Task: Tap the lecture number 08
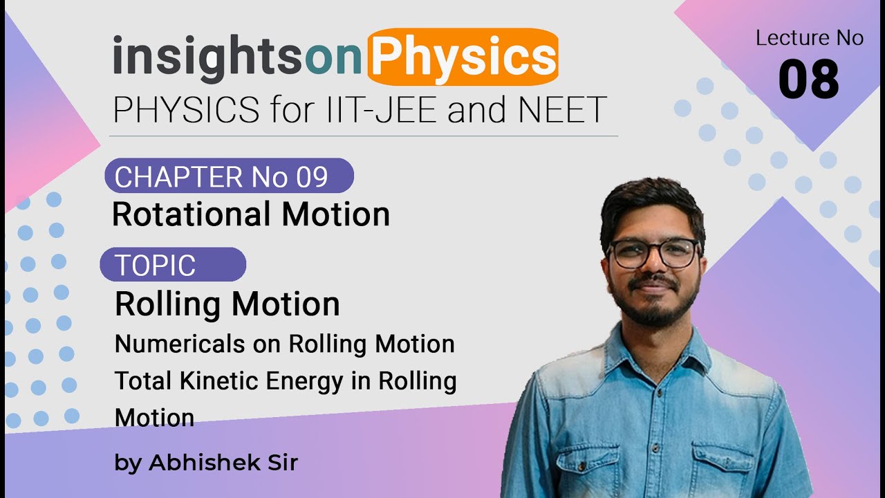[x=808, y=80]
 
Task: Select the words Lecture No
[x=809, y=38]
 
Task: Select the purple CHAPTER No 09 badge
[x=228, y=176]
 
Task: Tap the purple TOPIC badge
[x=173, y=265]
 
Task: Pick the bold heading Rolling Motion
[x=227, y=304]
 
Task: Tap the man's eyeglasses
[x=653, y=253]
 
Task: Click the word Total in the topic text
[x=138, y=381]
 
